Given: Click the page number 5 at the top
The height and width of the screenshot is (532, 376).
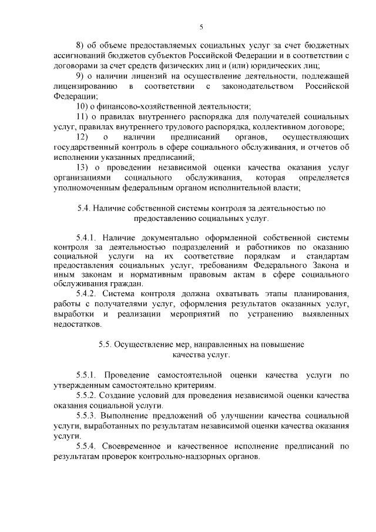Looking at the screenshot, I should coord(201,26).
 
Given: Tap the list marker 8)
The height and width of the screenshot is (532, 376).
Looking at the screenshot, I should coord(81,45).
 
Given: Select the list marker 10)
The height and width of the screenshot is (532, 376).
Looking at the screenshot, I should coord(83,106).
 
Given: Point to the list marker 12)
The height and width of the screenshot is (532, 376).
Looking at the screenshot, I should coord(83,137).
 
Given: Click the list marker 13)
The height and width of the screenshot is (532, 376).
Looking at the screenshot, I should coord(83,168).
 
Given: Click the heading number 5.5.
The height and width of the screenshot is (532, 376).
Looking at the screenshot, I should coord(106,344).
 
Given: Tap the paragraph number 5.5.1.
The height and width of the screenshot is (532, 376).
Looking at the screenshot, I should coord(88,375).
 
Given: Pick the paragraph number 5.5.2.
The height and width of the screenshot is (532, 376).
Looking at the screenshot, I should coord(88,396).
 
